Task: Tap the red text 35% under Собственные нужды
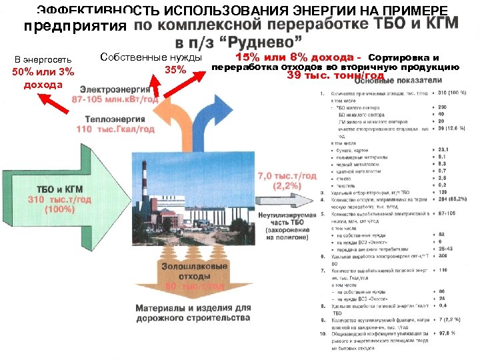(x=175, y=70)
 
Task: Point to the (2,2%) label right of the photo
(x=287, y=186)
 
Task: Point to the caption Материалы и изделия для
(x=193, y=309)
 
